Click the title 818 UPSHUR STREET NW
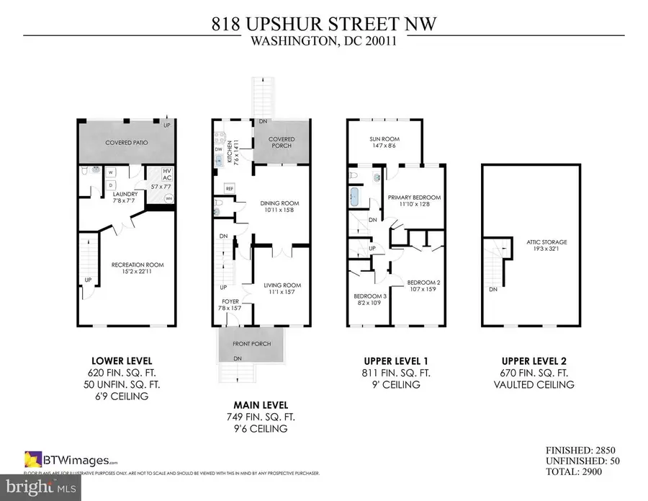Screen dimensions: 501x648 (323, 25)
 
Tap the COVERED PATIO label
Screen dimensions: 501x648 (127, 143)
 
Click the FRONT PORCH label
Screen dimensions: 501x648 (252, 344)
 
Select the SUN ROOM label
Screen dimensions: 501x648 (384, 139)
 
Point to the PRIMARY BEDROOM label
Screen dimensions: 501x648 (414, 197)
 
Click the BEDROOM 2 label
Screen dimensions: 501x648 (423, 282)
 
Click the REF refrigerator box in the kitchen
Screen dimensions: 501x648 (230, 189)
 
